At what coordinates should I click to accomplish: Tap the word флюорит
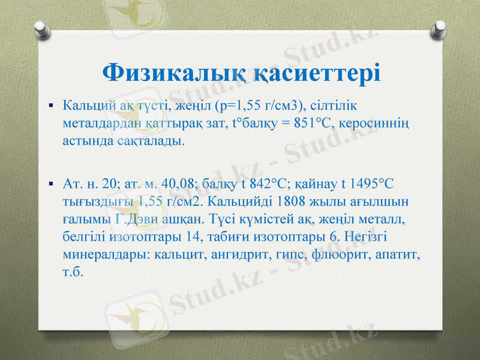click(x=340, y=254)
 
